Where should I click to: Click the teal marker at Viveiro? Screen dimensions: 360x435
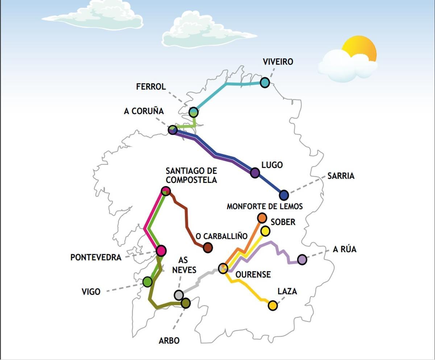point(265,82)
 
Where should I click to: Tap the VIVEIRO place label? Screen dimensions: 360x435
point(278,62)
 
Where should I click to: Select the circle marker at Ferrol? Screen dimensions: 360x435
point(194,112)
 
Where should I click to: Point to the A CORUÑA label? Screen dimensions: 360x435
point(144,111)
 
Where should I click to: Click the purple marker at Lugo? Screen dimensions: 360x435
point(255,173)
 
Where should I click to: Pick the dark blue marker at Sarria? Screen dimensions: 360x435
point(284,195)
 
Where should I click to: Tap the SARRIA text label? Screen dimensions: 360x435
point(341,176)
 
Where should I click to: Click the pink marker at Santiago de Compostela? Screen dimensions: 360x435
point(166,191)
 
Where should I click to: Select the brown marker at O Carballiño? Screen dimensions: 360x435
point(208,247)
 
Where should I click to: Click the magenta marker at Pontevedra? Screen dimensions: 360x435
point(161,250)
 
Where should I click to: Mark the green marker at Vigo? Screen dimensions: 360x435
point(148,282)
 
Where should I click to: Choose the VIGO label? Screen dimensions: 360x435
point(91,291)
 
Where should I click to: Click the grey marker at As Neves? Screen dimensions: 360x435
point(179,295)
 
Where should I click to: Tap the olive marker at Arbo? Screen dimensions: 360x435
point(186,303)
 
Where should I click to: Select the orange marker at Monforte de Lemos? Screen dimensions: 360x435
point(262,218)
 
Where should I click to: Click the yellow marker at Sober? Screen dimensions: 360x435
point(265,231)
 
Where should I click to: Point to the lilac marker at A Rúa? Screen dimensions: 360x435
point(302,259)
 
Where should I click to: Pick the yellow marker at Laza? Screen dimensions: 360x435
point(273,306)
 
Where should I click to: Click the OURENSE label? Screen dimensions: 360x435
point(253,274)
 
